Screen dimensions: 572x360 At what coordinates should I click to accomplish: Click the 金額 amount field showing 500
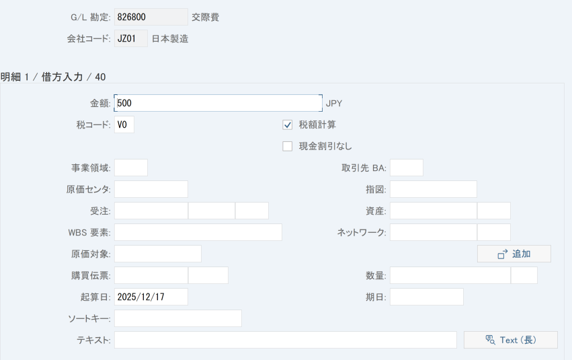(218, 103)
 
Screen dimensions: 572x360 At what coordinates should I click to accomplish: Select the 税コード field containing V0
(124, 124)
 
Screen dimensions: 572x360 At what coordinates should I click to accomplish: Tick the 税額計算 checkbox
(288, 125)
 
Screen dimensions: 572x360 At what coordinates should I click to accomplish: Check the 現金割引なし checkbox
(288, 147)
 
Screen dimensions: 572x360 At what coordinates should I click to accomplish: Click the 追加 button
(514, 254)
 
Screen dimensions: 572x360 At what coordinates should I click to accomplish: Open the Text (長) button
(511, 340)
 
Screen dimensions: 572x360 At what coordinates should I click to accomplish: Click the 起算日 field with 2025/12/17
(151, 297)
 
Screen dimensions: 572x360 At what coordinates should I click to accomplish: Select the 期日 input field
(427, 297)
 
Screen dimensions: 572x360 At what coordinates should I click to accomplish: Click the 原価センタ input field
(151, 189)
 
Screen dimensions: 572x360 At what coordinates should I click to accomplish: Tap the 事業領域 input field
(131, 168)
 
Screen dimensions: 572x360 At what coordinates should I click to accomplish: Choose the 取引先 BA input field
(407, 168)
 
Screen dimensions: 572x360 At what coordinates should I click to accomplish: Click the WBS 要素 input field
(198, 232)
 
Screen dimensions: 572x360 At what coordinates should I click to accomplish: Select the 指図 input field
(434, 189)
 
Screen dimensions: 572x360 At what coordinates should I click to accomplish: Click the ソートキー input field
(178, 318)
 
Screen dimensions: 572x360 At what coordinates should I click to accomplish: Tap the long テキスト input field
(286, 340)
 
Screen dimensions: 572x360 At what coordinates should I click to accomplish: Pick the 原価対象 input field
(158, 254)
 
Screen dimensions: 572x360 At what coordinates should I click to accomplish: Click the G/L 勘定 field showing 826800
(151, 17)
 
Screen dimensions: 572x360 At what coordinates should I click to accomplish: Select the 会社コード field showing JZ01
(131, 38)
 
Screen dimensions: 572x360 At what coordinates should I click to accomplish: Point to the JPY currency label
(334, 104)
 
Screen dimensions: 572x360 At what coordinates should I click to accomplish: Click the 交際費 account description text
(206, 17)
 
